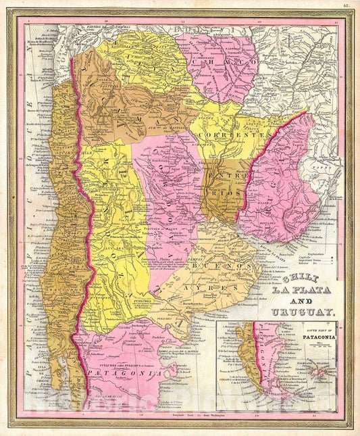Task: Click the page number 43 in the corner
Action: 345,6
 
